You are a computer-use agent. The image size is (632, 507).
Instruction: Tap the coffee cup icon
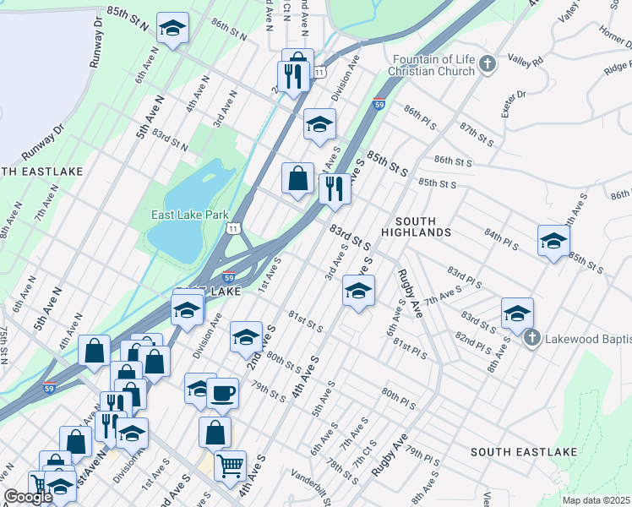[x=222, y=392]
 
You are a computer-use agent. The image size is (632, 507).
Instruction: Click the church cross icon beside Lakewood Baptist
[x=531, y=339]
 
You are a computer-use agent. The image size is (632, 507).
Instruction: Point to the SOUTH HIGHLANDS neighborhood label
[x=415, y=225]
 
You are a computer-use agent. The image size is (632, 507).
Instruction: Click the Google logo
[x=27, y=497]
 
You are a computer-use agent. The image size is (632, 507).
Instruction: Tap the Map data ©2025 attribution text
[x=597, y=500]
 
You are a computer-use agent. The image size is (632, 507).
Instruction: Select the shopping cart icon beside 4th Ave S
[x=231, y=464]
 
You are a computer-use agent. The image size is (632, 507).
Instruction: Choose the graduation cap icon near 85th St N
[x=173, y=29]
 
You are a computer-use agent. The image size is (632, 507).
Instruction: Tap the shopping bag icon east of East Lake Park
[x=297, y=178]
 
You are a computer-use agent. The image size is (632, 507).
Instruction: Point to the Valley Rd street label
[x=525, y=60]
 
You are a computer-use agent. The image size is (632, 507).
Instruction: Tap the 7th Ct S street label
[x=364, y=453]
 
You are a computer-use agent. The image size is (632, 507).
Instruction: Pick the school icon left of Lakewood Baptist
[x=516, y=312]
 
